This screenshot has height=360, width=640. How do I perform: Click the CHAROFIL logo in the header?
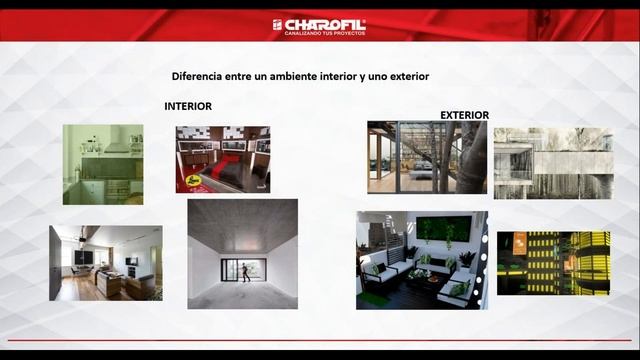tap(319, 24)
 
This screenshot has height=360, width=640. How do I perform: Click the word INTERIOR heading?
tap(188, 106)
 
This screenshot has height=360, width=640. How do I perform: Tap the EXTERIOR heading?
tap(464, 115)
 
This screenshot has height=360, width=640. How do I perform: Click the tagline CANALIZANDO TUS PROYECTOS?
tap(325, 33)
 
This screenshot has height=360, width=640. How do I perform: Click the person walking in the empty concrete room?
tap(244, 270)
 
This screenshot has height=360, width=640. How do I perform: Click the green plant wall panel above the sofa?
tap(442, 230)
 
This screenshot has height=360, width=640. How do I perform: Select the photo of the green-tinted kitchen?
tap(103, 164)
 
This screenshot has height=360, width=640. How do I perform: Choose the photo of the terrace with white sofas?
tap(421, 259)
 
